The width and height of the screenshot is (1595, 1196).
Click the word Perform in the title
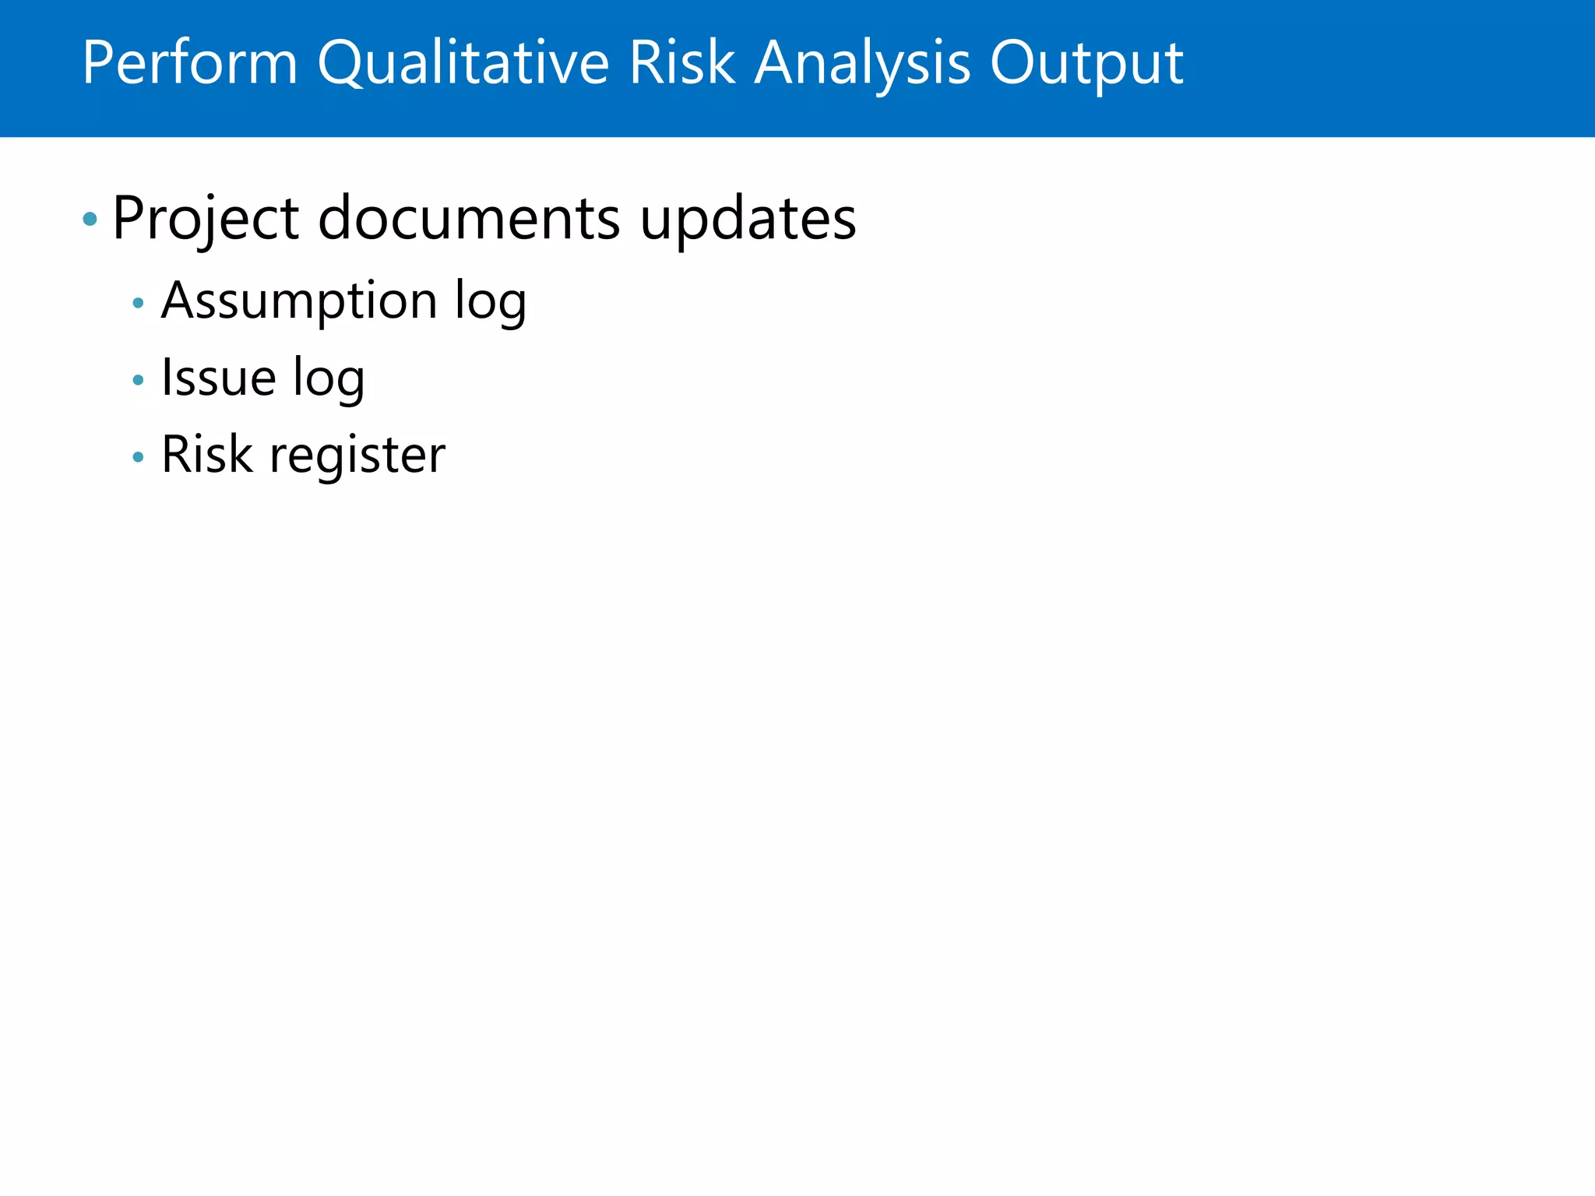tap(190, 62)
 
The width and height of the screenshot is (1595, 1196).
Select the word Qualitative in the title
tap(463, 62)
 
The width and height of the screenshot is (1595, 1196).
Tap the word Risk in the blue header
tap(682, 62)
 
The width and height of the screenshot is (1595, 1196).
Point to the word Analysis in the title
tap(863, 62)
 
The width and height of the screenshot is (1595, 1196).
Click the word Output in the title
tap(1087, 62)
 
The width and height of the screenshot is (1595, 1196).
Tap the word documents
tap(469, 219)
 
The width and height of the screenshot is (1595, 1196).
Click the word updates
tap(748, 219)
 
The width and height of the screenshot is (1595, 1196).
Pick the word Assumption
tap(299, 301)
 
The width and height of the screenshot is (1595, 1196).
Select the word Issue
tap(219, 378)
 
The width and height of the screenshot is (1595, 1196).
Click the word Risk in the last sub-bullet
tap(207, 455)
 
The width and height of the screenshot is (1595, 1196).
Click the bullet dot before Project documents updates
tap(90, 220)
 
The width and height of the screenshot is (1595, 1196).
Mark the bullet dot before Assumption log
tap(139, 303)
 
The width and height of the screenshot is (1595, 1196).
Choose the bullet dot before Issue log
tap(139, 380)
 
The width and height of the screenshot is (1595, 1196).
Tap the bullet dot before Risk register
tap(139, 457)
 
